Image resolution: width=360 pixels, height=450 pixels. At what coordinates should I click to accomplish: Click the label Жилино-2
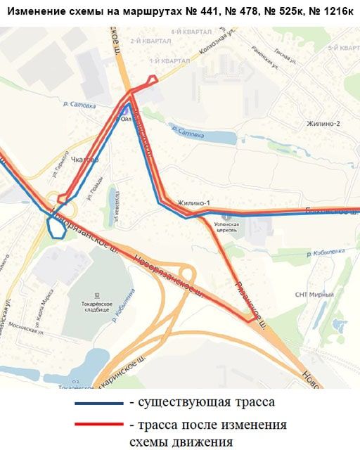pyautogui.click(x=323, y=124)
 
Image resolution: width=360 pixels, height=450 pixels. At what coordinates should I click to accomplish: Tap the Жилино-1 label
pyautogui.click(x=194, y=203)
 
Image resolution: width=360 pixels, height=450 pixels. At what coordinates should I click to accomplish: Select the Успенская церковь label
pyautogui.click(x=227, y=227)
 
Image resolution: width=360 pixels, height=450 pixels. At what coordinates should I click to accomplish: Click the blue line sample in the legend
pyautogui.click(x=98, y=404)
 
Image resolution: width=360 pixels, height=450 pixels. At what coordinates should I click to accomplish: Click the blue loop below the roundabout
pyautogui.click(x=55, y=228)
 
